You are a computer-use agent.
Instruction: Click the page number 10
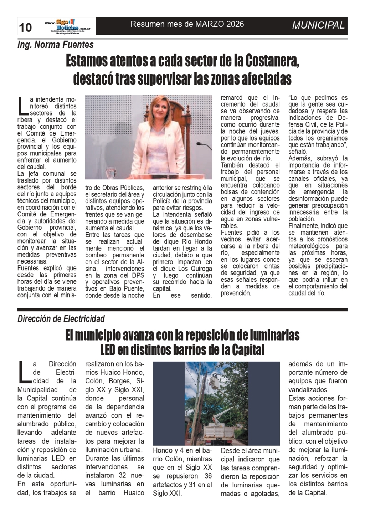point(25,27)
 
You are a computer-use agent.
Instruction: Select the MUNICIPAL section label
point(318,25)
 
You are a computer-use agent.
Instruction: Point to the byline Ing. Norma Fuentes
point(56,45)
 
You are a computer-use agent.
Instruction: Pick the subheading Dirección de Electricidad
point(61,318)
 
